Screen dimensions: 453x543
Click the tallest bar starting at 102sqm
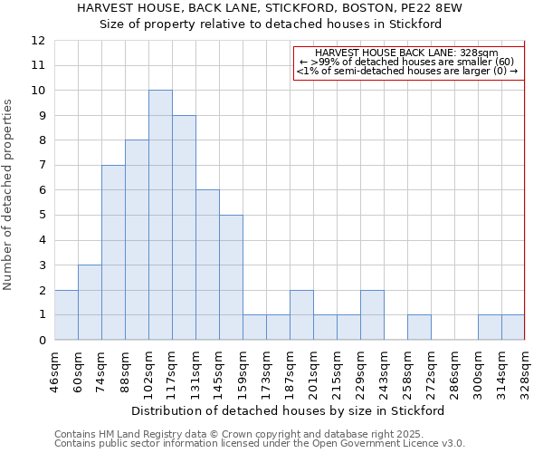click(160, 215)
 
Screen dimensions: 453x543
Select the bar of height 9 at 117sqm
click(184, 227)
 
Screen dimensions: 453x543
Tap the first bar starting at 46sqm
click(66, 314)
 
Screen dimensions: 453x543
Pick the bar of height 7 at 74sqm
click(113, 253)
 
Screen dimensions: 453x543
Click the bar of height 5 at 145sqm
click(231, 277)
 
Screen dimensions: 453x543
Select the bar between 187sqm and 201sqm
click(301, 314)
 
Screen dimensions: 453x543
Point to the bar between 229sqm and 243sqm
click(372, 314)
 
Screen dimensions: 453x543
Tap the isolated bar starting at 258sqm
click(419, 327)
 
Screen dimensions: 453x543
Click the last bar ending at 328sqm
click(513, 327)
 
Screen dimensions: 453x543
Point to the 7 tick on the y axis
click(41, 165)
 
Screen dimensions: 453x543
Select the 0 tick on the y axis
click(41, 340)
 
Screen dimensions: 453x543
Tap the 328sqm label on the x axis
click(525, 371)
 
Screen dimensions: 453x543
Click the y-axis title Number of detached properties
click(9, 195)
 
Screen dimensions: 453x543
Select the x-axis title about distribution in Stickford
click(288, 410)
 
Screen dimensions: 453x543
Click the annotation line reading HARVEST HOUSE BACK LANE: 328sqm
click(408, 53)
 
